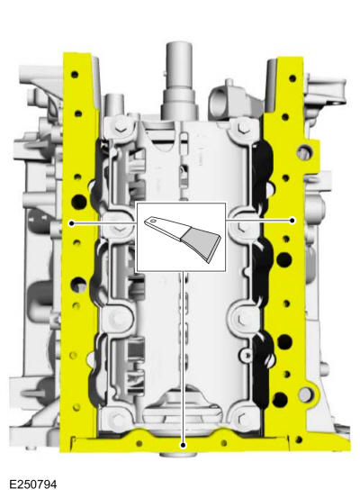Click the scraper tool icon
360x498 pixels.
[x=180, y=237]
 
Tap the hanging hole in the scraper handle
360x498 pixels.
[x=154, y=221]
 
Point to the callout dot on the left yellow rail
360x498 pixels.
[x=71, y=221]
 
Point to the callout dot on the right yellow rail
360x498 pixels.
[x=292, y=221]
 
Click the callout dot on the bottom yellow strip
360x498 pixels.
[x=183, y=443]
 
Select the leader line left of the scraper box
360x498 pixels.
[x=103, y=221]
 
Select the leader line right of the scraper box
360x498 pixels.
[x=259, y=221]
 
